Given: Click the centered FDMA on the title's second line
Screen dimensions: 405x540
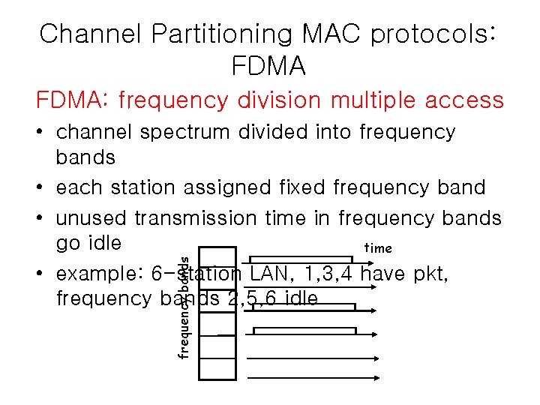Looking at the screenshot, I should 269,67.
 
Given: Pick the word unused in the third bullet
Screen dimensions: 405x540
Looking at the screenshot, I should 91,218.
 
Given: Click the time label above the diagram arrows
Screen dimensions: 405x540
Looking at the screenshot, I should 377,248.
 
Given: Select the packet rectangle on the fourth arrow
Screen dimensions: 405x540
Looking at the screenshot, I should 304,331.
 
